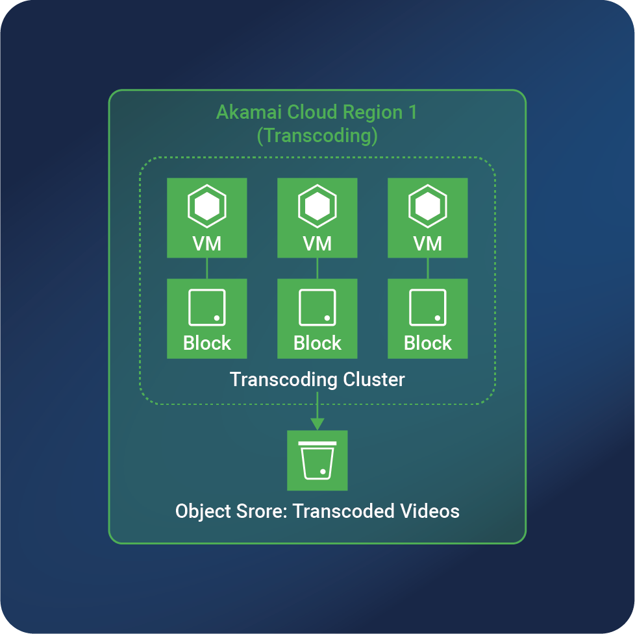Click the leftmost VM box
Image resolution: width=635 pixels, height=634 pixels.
tap(206, 219)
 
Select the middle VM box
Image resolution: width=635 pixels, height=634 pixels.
tap(317, 219)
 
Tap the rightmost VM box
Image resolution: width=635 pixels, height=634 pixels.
tap(427, 219)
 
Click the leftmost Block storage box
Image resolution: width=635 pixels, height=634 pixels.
tap(206, 318)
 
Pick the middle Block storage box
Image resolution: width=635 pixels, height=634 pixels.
tap(317, 318)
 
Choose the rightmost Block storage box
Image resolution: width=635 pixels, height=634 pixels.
tap(427, 318)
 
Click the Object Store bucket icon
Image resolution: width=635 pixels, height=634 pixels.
tap(317, 460)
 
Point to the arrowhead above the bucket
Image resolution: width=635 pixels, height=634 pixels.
tap(317, 424)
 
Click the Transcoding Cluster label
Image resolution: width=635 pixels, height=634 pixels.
tap(317, 380)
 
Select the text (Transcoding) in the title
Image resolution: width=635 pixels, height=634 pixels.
tap(317, 136)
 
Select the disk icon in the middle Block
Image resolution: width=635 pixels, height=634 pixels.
tap(317, 308)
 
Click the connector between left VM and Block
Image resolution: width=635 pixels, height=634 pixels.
tap(206, 268)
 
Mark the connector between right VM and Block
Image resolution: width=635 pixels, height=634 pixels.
tap(427, 268)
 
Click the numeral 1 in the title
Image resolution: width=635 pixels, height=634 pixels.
tap(412, 112)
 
